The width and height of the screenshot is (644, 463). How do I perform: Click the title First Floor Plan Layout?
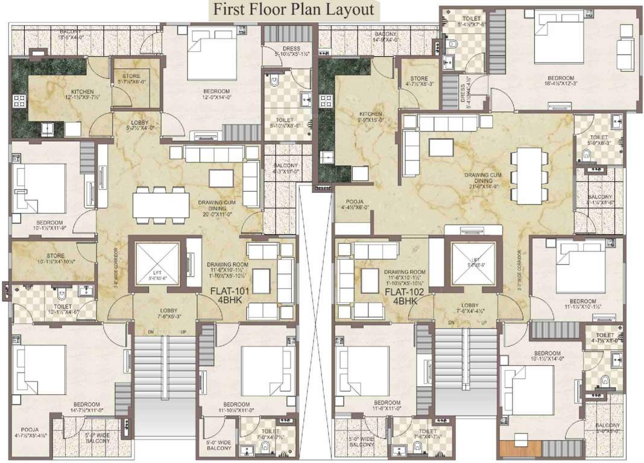(291, 10)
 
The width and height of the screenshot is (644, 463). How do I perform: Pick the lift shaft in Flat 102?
(472, 262)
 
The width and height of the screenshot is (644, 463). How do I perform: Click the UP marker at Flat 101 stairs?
(182, 331)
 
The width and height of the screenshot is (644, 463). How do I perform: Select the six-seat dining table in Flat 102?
(529, 176)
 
